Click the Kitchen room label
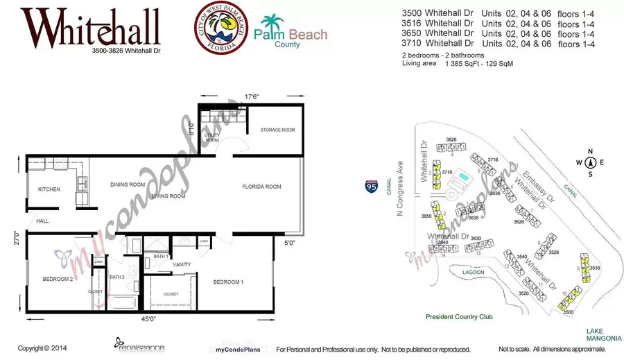pyautogui.click(x=49, y=189)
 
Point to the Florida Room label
pyautogui.click(x=261, y=187)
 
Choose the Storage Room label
pyautogui.click(x=277, y=130)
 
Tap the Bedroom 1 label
pyautogui.click(x=227, y=282)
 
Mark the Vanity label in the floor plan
pyautogui.click(x=182, y=264)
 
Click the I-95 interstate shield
pyautogui.click(x=372, y=186)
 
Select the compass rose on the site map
pyautogui.click(x=591, y=163)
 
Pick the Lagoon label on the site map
pyautogui.click(x=474, y=272)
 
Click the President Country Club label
pyautogui.click(x=459, y=316)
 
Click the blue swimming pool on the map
pyautogui.click(x=460, y=180)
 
